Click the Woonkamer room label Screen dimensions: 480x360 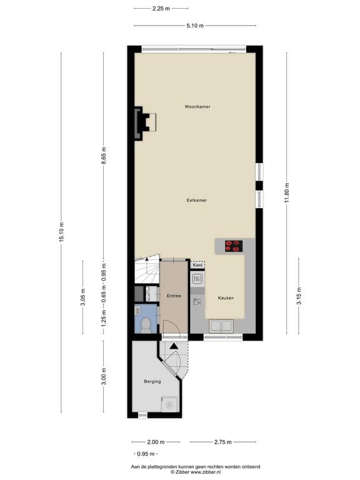click(197, 107)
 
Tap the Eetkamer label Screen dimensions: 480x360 click(196, 200)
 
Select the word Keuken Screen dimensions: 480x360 click(226, 298)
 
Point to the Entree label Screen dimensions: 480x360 click(173, 296)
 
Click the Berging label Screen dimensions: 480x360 click(152, 381)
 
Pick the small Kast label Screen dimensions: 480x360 click(197, 266)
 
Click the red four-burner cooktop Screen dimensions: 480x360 click(233, 246)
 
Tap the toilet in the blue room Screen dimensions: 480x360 click(146, 323)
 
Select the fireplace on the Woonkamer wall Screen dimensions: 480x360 click(144, 121)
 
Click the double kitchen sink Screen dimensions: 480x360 click(222, 325)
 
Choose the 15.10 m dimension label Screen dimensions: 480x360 click(61, 232)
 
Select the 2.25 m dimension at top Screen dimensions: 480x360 click(161, 9)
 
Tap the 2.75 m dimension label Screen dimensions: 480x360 click(222, 442)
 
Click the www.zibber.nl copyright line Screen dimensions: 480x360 click(195, 472)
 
